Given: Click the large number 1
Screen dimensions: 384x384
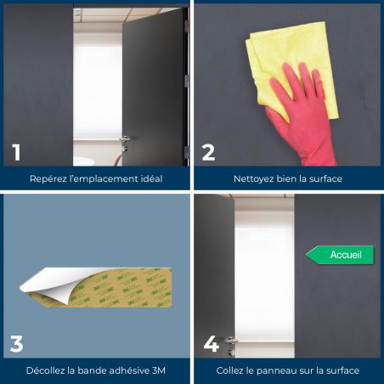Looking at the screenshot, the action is (x=16, y=152).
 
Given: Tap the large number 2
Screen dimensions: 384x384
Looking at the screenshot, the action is (x=208, y=152).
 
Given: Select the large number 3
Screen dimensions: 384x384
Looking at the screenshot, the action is (x=16, y=344).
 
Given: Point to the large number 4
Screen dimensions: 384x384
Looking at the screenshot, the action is (x=212, y=344).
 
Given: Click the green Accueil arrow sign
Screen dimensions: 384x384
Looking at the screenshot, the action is (x=340, y=255).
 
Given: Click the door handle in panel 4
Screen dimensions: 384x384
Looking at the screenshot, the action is (x=231, y=344).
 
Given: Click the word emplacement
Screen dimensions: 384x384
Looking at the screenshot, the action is (x=107, y=179).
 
